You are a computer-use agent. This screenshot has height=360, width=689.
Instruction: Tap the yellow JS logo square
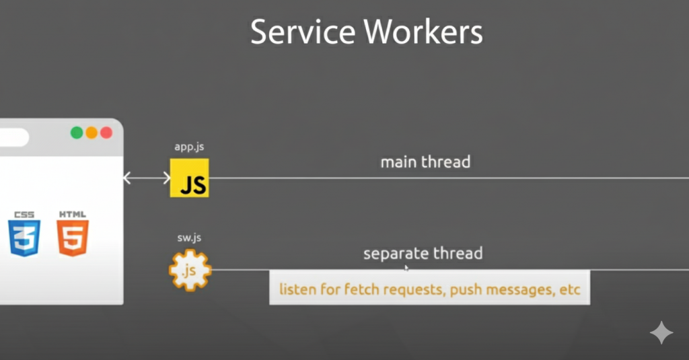190,178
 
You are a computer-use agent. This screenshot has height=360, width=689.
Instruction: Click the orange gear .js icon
190,270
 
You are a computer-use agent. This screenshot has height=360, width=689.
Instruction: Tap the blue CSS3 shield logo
24,233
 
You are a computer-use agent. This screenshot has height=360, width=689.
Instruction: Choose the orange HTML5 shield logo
73,233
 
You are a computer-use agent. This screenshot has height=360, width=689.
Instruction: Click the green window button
77,133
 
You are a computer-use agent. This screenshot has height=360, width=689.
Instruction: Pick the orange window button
92,133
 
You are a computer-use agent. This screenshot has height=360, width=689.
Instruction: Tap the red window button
106,133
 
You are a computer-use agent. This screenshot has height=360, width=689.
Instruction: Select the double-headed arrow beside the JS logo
147,178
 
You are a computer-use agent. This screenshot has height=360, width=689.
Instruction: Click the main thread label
425,162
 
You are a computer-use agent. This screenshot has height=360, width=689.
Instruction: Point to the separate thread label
423,254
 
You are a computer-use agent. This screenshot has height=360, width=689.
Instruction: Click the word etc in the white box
569,291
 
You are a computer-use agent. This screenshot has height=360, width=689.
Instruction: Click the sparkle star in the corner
661,333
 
